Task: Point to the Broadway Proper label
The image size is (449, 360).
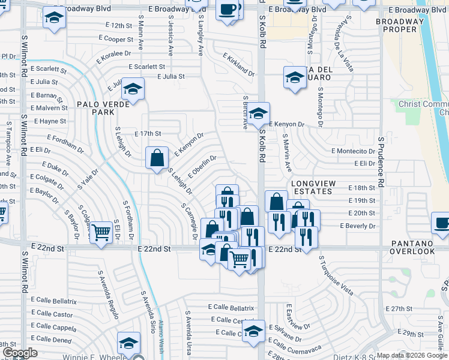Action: (x=396, y=25)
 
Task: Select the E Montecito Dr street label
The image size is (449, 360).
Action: (x=353, y=151)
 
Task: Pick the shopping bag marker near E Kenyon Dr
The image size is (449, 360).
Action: (x=157, y=159)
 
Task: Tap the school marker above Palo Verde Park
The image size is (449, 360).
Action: (x=133, y=90)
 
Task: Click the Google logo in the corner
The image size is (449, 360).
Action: (x=20, y=353)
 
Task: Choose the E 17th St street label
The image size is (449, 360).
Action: (x=148, y=133)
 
